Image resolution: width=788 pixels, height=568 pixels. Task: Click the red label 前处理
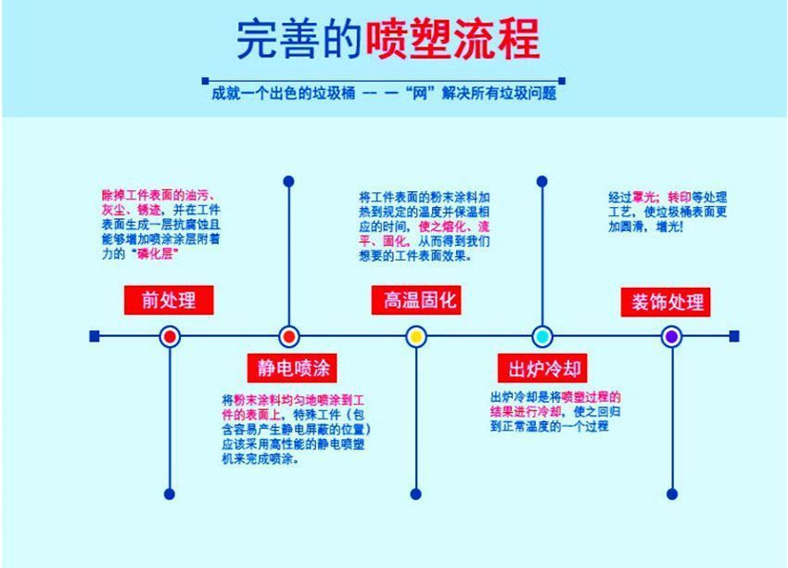169,300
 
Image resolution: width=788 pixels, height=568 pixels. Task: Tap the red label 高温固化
415,300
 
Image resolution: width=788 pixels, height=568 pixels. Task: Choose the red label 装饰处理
667,302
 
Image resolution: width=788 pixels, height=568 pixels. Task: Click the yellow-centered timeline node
415,336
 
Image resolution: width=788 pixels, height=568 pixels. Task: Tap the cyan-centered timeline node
543,336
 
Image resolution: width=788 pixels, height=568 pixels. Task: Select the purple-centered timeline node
671,336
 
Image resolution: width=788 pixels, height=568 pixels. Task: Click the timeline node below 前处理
169,336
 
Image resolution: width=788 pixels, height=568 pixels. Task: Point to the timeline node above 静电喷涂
288,336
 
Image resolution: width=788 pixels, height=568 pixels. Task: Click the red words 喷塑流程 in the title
454,39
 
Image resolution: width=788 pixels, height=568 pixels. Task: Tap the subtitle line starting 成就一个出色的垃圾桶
385,94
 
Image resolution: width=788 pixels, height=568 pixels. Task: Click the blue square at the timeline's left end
95,336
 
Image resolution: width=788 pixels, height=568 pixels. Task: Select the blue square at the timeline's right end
734,336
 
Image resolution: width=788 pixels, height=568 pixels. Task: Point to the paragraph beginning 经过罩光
667,212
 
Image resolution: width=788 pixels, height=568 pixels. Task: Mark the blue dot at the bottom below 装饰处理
671,494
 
